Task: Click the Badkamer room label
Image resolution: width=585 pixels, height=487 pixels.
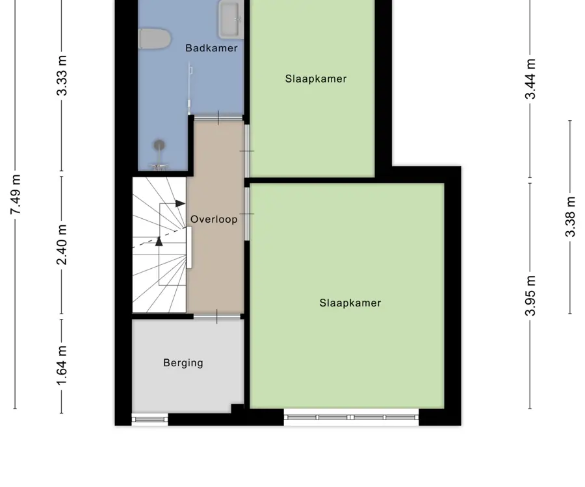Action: [211, 48]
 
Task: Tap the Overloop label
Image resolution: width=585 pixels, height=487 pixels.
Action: [214, 219]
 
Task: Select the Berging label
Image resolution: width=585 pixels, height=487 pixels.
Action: [183, 363]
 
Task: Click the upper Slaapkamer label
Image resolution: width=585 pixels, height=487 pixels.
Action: [316, 79]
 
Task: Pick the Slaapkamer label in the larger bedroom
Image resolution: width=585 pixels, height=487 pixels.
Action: [350, 303]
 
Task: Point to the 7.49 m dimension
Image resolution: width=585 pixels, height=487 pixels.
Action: [16, 195]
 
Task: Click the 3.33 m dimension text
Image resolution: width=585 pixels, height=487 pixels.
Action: [62, 75]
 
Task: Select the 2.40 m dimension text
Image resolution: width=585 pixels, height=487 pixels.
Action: [62, 245]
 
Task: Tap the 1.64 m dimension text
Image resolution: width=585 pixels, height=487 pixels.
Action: [62, 366]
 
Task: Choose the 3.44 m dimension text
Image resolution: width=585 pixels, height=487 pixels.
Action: [530, 79]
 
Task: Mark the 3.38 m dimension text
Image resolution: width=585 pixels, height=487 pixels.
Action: [570, 217]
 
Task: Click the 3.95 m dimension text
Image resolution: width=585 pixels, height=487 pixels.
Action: [530, 295]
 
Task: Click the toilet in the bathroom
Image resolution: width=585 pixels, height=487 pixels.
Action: [155, 39]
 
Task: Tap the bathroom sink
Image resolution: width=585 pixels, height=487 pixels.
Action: [231, 19]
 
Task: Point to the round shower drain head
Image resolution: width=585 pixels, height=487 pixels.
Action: [159, 145]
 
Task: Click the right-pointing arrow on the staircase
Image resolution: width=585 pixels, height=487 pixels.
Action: [180, 203]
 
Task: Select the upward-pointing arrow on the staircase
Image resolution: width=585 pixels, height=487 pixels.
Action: [159, 242]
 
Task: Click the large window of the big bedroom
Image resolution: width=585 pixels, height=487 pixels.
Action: [351, 418]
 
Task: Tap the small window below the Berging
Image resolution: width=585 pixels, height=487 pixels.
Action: [149, 419]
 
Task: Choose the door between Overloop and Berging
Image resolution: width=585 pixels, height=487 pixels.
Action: [216, 317]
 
